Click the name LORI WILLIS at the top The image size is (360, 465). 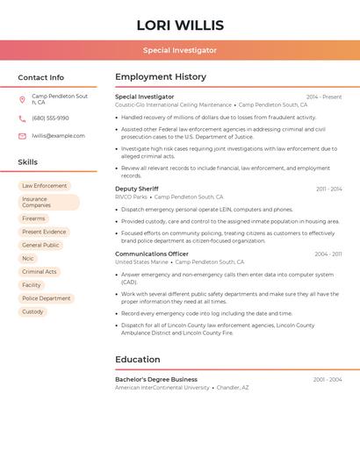tap(180, 25)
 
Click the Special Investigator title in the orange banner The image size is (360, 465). tap(180, 51)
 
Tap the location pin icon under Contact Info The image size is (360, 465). tap(22, 99)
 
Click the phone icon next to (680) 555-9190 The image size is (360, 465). tap(22, 118)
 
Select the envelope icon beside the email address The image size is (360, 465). tap(22, 136)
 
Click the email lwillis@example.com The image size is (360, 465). tap(58, 136)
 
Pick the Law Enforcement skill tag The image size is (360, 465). tap(45, 186)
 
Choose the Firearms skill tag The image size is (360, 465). tap(33, 218)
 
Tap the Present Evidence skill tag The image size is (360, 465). tap(44, 232)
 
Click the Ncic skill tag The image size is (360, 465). tap(28, 258)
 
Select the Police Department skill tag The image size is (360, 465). tap(47, 298)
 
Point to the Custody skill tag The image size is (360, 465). tap(32, 311)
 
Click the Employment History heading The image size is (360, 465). tap(161, 77)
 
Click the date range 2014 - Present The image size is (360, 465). tap(324, 97)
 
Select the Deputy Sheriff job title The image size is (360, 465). tap(137, 189)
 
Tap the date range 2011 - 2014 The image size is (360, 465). tap(328, 189)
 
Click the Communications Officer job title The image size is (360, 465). tap(152, 254)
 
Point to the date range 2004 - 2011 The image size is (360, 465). tap(328, 254)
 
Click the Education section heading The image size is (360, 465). tap(138, 360)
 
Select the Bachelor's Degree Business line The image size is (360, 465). tap(156, 379)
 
